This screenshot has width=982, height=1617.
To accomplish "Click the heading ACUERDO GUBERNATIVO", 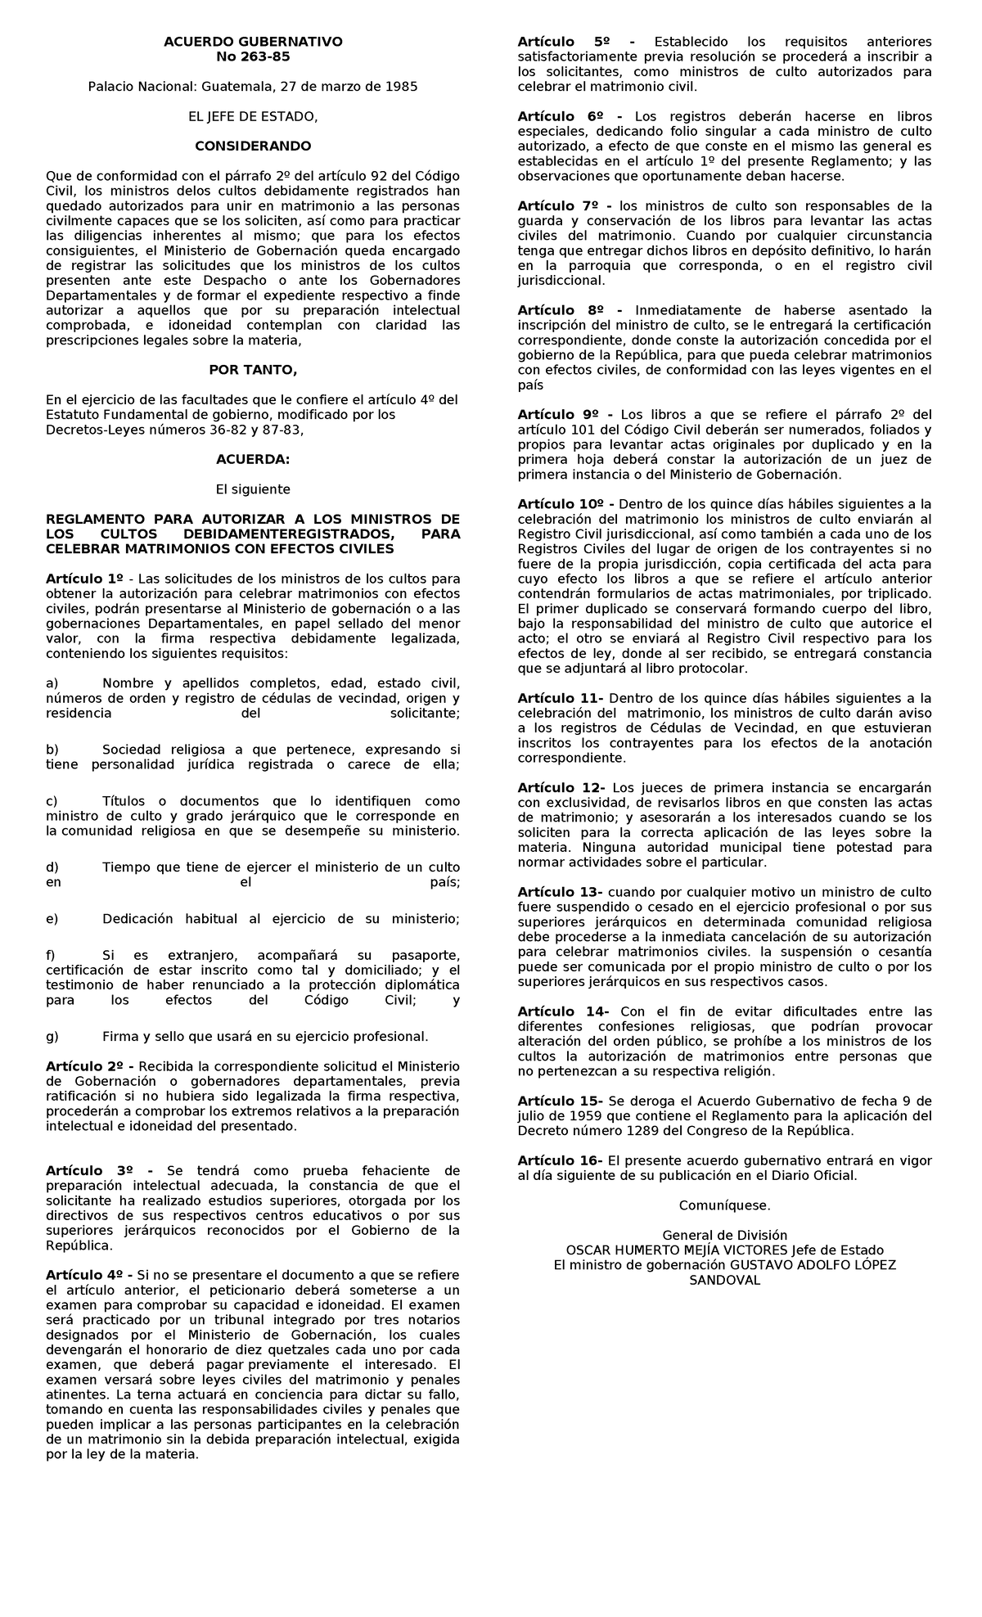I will pos(253,42).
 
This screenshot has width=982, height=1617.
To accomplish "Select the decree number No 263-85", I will pos(253,56).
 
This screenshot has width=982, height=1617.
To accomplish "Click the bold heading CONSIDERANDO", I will pos(253,146).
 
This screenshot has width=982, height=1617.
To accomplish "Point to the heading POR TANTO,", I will pos(253,370).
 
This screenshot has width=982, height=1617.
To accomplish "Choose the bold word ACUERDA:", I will pos(253,459).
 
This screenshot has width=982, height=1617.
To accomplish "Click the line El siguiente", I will pos(253,489).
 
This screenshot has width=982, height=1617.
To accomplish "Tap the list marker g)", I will pos(52,1036).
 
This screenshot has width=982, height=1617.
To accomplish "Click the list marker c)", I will pos(52,801).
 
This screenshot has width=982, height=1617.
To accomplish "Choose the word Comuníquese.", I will pos(724,1205).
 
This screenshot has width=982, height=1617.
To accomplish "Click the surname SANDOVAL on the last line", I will pos(724,1280).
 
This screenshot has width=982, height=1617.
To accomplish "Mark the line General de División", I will pos(724,1235).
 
